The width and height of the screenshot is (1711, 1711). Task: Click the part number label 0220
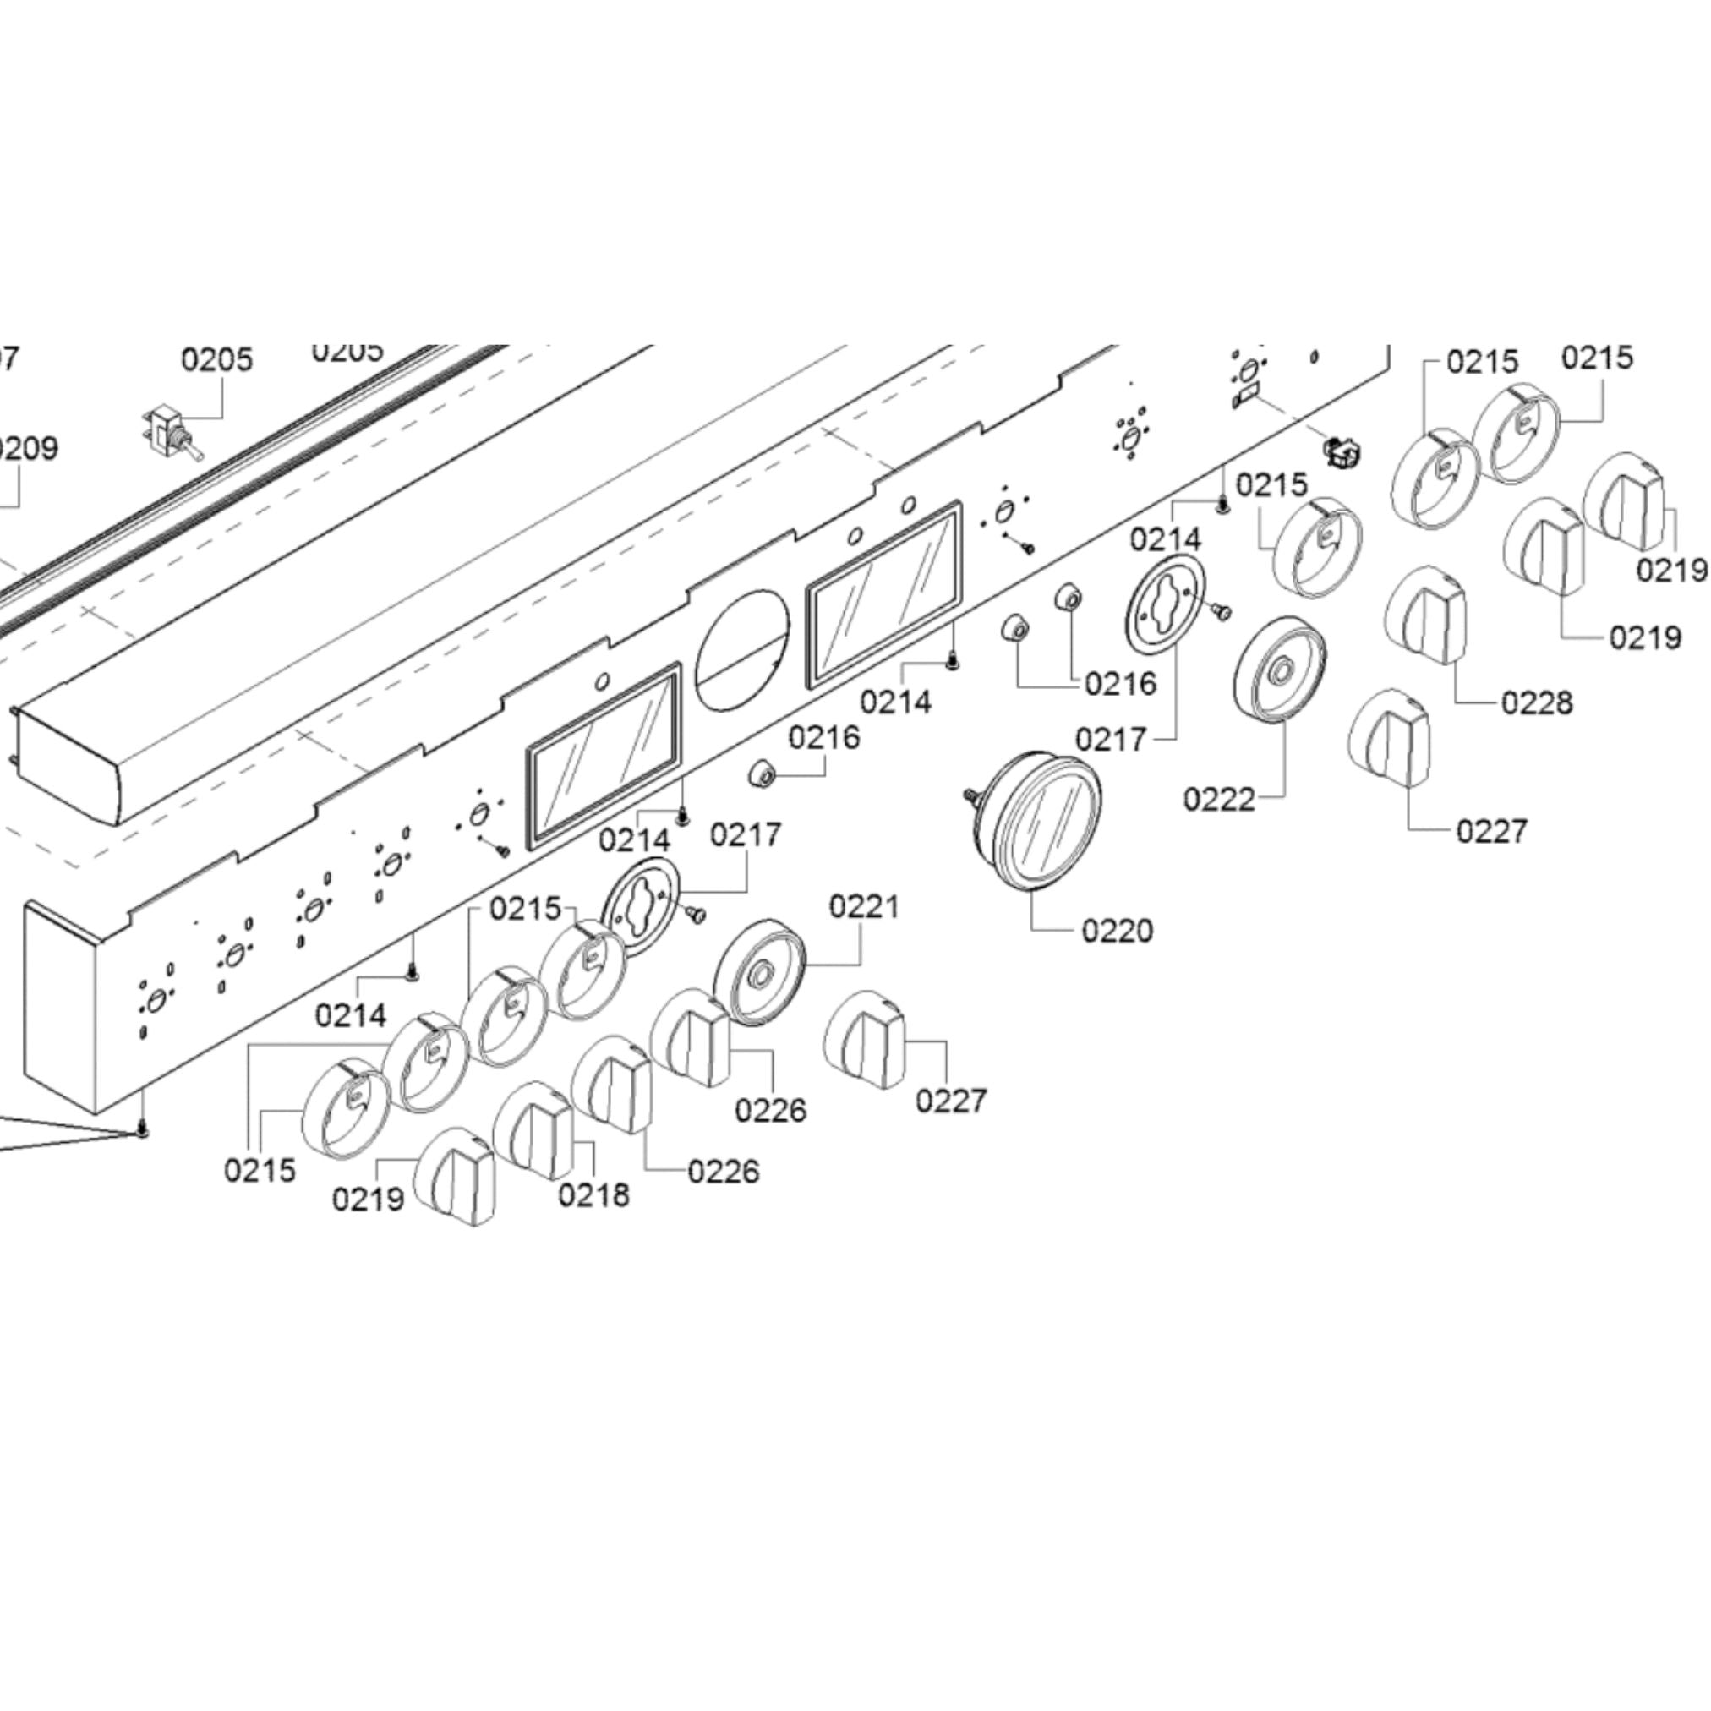(x=1117, y=931)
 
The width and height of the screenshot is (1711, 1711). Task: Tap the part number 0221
(x=863, y=906)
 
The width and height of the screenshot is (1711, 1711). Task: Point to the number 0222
(x=1219, y=800)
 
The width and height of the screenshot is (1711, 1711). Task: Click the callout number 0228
(x=1537, y=703)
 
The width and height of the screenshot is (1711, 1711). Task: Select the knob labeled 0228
(x=1426, y=615)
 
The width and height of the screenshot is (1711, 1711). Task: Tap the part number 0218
(x=593, y=1194)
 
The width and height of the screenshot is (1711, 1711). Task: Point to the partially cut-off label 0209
(x=26, y=448)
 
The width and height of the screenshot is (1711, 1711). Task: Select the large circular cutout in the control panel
(x=741, y=649)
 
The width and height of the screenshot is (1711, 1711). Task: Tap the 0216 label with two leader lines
(x=1120, y=684)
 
